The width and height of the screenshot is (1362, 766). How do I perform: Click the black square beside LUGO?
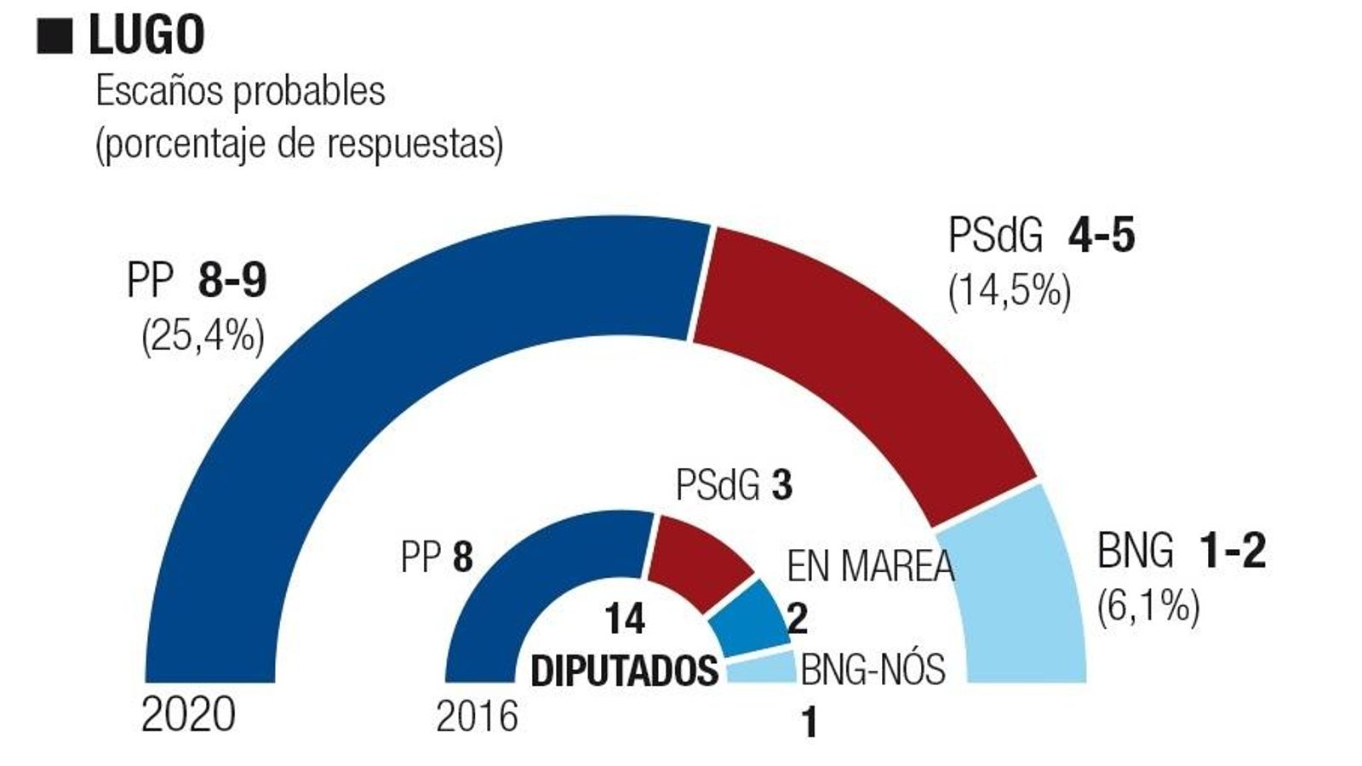[x=54, y=37]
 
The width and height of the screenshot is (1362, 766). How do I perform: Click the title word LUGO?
[x=146, y=35]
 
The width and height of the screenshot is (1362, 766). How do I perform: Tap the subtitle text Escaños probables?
[x=240, y=91]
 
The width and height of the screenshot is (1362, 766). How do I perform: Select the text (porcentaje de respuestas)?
[x=299, y=144]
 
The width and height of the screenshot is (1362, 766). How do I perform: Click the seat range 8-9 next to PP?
[x=232, y=280]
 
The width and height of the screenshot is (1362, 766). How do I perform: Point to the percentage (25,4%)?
[x=203, y=337]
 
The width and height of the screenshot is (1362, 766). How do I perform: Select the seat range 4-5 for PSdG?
[x=1101, y=235]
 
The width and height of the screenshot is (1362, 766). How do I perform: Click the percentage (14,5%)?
[x=1010, y=292]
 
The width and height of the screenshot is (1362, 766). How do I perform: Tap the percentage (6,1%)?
[x=1148, y=607]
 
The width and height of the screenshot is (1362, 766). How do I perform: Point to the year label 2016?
[x=477, y=717]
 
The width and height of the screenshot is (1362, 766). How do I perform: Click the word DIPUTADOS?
[x=625, y=671]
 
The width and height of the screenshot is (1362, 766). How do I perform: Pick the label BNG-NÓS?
[x=873, y=669]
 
